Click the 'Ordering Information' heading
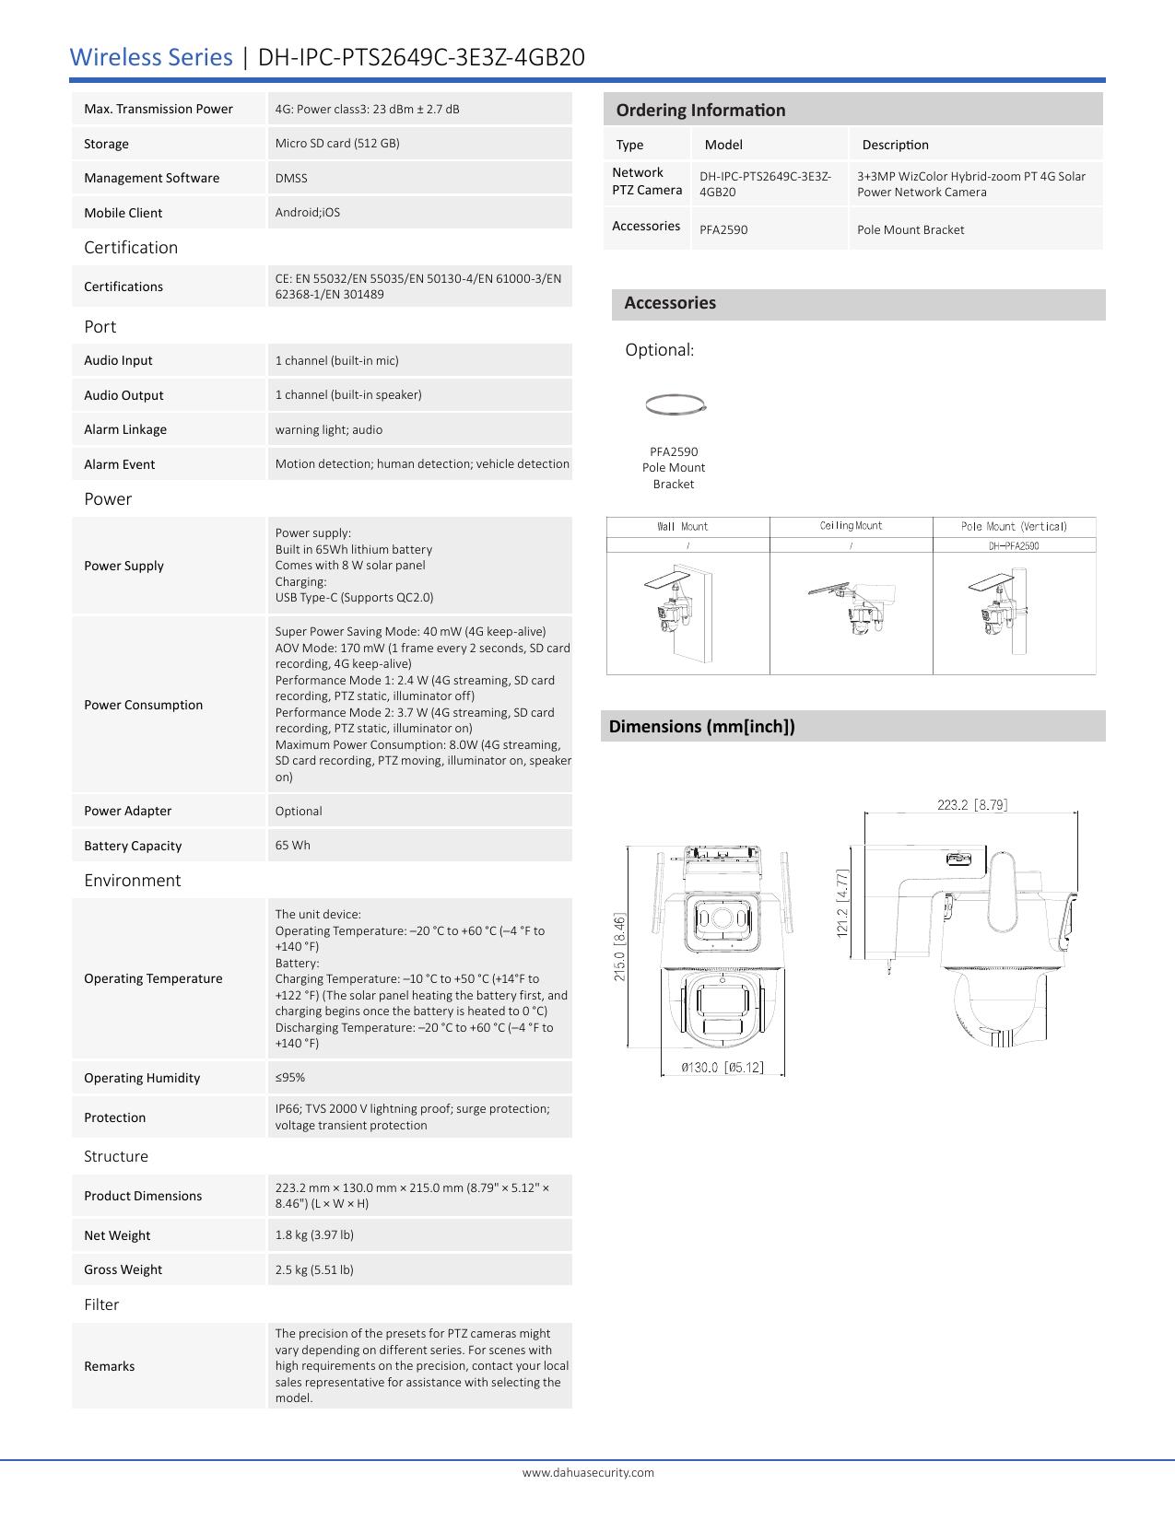[700, 111]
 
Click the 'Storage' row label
[106, 144]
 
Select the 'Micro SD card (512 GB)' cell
[337, 143]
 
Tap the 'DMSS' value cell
[291, 178]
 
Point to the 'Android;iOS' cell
[307, 212]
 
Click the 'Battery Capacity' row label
[133, 846]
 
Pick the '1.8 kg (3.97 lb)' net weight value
[314, 1234]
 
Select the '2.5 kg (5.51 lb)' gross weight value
[314, 1269]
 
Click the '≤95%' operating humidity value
[290, 1077]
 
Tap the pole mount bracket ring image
[676, 403]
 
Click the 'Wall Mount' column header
[683, 527]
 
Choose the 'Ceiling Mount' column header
[851, 526]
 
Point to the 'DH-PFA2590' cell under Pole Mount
[1014, 545]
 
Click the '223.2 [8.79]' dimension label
[972, 805]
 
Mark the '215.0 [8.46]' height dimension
[620, 947]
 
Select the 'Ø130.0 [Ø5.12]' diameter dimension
[723, 1068]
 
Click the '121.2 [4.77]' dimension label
[842, 904]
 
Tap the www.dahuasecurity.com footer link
[588, 1472]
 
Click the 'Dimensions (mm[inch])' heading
[702, 726]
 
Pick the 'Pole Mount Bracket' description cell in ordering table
[911, 229]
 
